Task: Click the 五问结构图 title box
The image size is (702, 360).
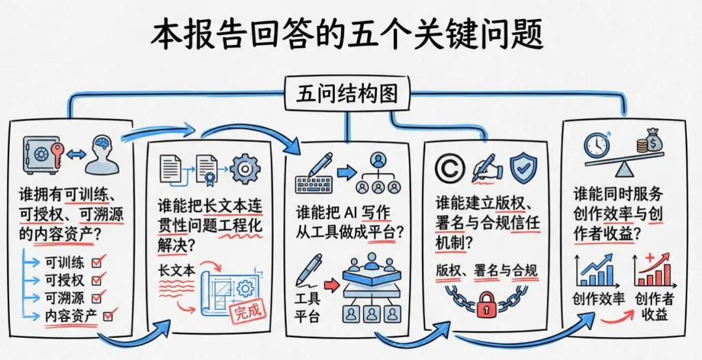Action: [346, 94]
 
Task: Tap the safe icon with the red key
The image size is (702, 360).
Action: [42, 155]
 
